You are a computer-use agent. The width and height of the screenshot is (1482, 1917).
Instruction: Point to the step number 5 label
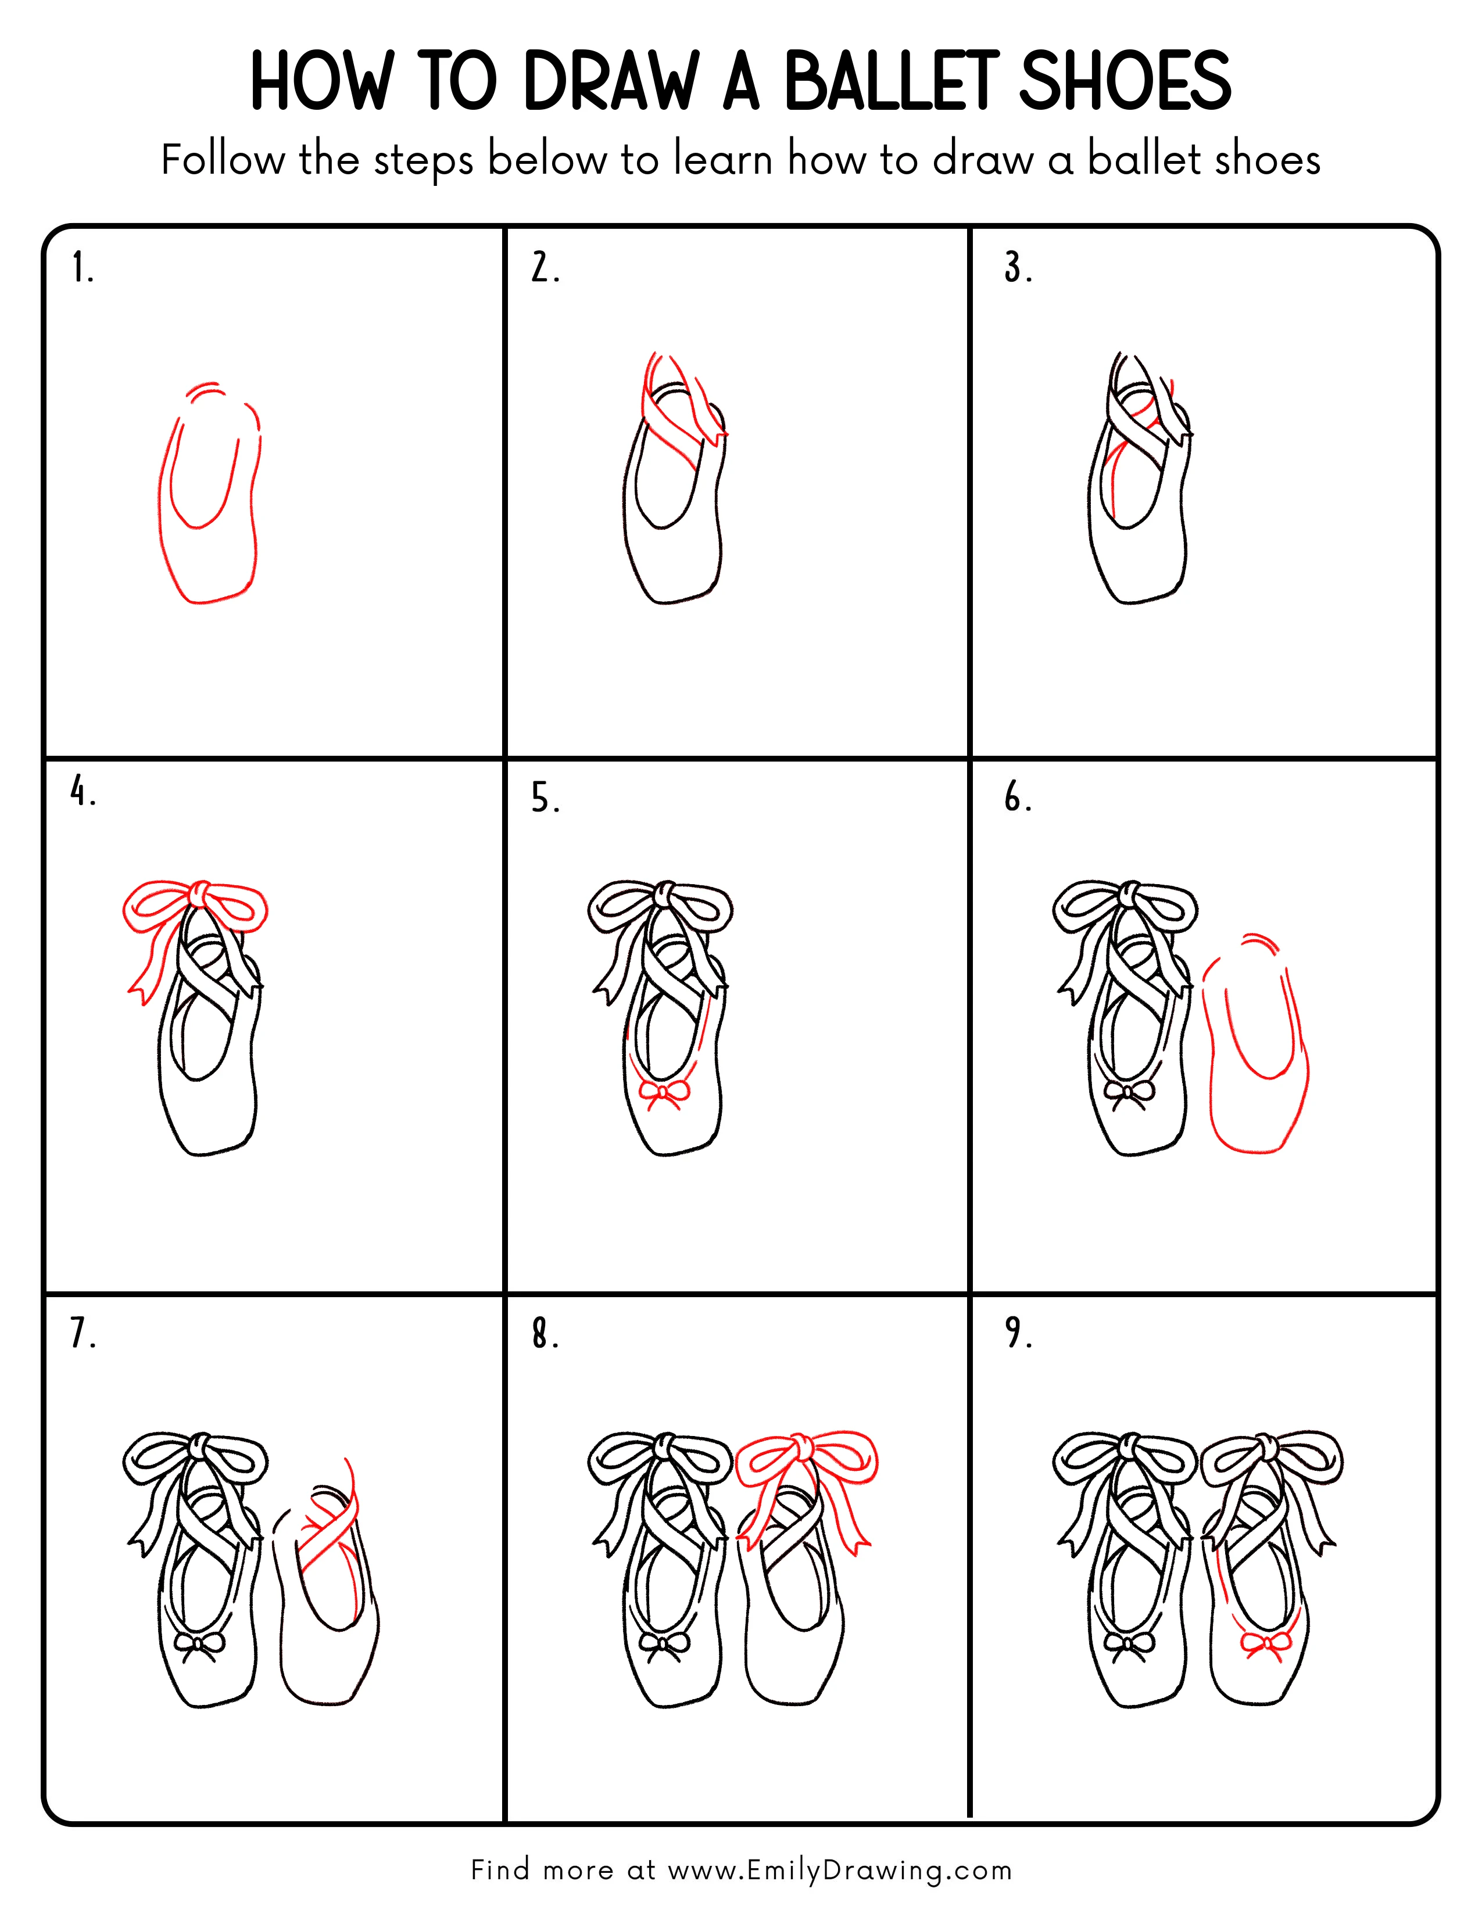click(545, 799)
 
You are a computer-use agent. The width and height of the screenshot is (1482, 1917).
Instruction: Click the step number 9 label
click(1018, 1333)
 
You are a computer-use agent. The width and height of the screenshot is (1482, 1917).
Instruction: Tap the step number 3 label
click(1018, 268)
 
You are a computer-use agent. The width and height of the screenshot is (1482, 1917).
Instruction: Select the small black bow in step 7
click(199, 1644)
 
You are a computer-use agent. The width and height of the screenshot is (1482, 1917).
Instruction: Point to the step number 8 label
click(545, 1333)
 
